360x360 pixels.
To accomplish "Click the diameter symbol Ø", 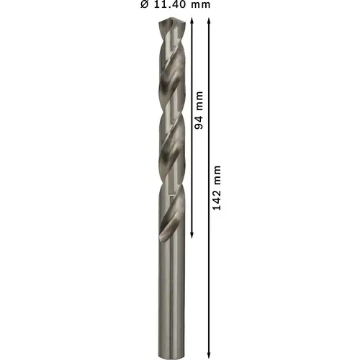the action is (x=145, y=4).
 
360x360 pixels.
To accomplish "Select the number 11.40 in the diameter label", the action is (x=171, y=4).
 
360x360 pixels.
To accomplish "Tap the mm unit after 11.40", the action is (x=201, y=5).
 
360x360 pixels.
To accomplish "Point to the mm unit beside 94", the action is (x=199, y=101).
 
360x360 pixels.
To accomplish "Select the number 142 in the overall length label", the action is (x=217, y=200).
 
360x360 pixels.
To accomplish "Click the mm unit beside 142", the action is (x=217, y=175).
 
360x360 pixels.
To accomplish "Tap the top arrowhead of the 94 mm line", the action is (x=192, y=20).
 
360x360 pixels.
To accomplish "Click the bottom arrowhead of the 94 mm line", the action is (x=192, y=235).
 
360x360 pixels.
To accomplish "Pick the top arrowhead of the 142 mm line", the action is (x=209, y=20).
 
